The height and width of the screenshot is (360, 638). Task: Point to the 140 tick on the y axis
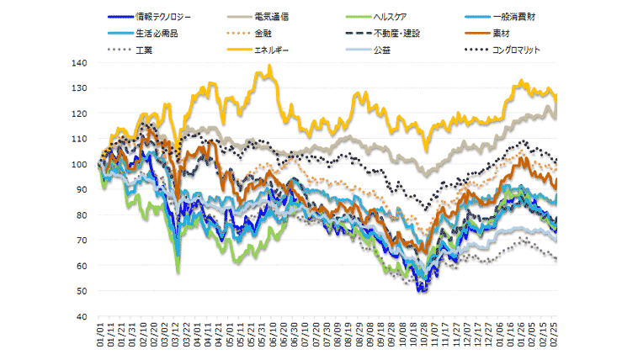pos(82,63)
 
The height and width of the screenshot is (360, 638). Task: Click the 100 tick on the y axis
pos(82,165)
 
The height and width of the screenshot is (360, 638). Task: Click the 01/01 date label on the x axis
pos(100,334)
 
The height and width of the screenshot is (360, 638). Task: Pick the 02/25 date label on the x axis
pos(555,334)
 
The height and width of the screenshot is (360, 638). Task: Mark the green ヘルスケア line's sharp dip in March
pos(178,272)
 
